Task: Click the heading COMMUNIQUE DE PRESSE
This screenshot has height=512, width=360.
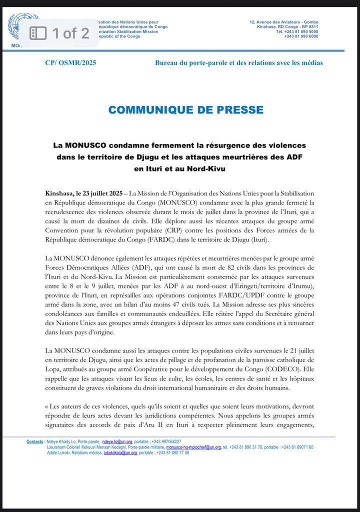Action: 185,109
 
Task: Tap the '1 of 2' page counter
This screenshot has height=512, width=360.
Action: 70,33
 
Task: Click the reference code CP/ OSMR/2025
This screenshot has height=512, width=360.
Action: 67,63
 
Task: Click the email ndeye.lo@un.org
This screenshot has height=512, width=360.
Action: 117,442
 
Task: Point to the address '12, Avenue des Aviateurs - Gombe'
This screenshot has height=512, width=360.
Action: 284,22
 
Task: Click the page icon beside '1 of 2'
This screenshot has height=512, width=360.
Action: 38,33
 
